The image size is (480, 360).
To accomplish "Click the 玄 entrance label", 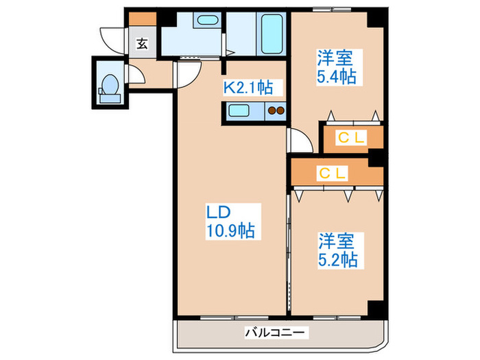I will pos(142,43).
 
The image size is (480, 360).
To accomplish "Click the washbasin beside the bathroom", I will pos(206,21).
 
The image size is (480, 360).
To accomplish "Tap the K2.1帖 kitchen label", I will pos(248,87).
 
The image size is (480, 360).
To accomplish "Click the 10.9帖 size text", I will pos(230,232).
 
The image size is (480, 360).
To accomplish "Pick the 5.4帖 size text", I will pos(336,76).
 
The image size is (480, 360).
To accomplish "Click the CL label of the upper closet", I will pos(352,138).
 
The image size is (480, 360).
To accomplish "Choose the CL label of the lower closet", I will pos(333,173).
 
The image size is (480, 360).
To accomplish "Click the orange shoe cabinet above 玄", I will pos(142,20).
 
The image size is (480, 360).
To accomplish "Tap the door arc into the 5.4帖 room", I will pos(298,140).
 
